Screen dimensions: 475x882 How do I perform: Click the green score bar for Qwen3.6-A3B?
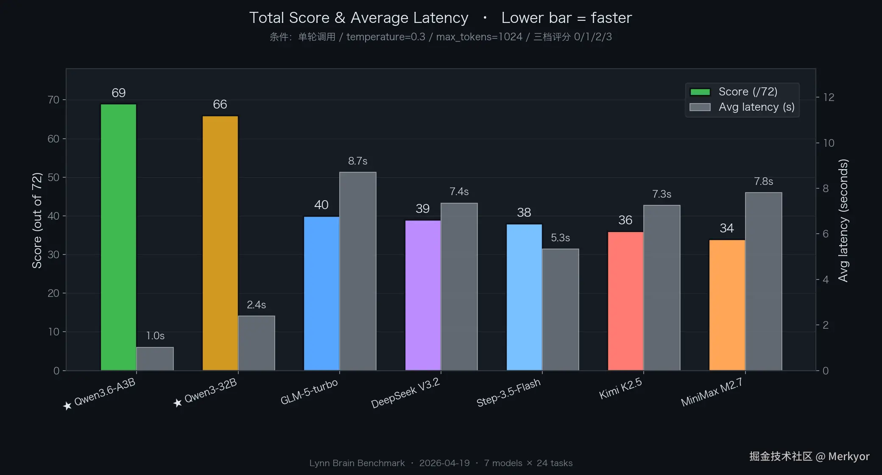(x=118, y=237)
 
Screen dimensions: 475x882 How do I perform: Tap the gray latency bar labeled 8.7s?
(x=357, y=271)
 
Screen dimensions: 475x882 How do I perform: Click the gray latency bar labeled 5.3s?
(x=560, y=310)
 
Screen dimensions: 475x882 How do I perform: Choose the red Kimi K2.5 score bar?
(x=625, y=301)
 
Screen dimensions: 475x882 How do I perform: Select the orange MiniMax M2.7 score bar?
(x=727, y=305)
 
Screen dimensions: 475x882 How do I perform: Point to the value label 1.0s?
(x=155, y=336)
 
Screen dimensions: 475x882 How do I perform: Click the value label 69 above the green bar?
(x=118, y=93)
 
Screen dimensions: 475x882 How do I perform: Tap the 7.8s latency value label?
(x=763, y=182)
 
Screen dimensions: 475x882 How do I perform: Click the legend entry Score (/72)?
(x=748, y=92)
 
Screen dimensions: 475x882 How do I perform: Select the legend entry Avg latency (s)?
(x=756, y=107)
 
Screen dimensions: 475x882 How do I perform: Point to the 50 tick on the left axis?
(x=53, y=177)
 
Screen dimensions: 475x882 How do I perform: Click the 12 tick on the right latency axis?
(x=829, y=97)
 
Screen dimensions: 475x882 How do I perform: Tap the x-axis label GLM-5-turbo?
(x=309, y=392)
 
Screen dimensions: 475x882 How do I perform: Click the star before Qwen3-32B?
(x=178, y=402)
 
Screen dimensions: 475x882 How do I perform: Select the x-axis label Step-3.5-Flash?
(x=508, y=393)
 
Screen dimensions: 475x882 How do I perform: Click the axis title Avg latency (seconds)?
(x=843, y=221)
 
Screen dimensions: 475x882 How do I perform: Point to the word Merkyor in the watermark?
(x=849, y=456)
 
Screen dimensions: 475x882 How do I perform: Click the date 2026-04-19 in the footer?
(x=444, y=463)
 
